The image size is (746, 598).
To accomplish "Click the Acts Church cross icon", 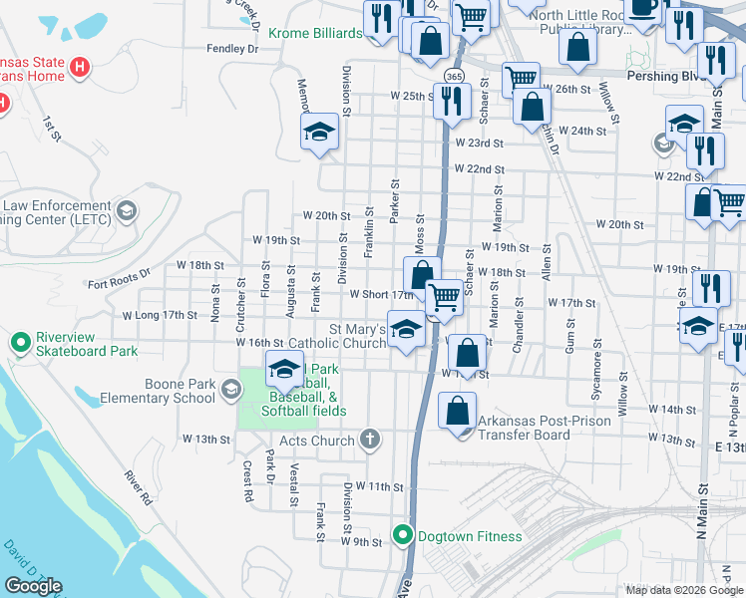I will [370, 439].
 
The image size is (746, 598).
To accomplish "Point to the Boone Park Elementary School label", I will [152, 390].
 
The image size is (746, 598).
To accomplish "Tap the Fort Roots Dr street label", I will [118, 278].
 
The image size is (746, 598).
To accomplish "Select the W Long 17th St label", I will [160, 315].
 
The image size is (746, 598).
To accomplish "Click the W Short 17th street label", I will [380, 294].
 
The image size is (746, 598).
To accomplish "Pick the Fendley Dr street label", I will [231, 48].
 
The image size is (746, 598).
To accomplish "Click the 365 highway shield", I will [454, 76].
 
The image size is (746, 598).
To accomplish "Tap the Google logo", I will [33, 586].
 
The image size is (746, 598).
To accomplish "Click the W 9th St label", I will [361, 542].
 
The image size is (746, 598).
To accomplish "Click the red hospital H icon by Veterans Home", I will [82, 68].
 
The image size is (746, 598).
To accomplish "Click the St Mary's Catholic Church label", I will [358, 336].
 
